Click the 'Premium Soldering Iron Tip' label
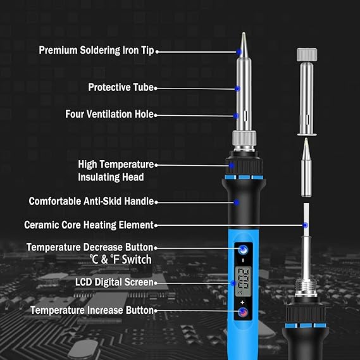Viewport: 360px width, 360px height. click(x=96, y=50)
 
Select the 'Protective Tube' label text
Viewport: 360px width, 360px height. click(x=121, y=87)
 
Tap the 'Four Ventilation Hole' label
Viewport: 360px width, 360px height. click(x=109, y=114)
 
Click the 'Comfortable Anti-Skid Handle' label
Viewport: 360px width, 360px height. click(x=91, y=201)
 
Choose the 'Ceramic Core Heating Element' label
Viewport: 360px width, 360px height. click(x=89, y=225)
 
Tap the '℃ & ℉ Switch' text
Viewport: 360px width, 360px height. click(x=121, y=259)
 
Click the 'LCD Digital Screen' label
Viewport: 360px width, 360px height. click(x=115, y=282)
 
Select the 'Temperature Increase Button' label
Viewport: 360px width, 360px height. click(x=92, y=310)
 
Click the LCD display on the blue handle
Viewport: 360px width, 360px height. click(x=243, y=282)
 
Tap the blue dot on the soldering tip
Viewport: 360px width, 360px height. click(x=239, y=52)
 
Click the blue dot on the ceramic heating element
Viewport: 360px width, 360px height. click(x=305, y=225)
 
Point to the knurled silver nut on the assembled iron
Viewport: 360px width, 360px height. click(x=244, y=138)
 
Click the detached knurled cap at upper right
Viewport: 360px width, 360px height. click(x=307, y=54)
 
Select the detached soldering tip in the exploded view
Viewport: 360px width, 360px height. click(x=306, y=167)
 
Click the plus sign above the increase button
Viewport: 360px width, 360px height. click(x=242, y=302)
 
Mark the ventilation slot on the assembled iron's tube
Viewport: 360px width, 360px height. click(x=246, y=116)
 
